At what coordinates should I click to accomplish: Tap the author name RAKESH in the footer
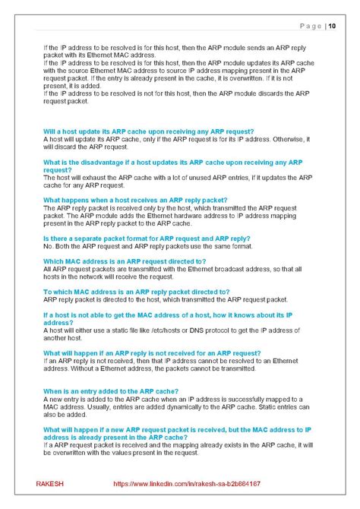pos(50,483)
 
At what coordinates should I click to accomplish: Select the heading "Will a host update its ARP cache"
pos(148,131)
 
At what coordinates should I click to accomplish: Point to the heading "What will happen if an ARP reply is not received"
pos(152,353)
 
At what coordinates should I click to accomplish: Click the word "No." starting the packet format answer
pos(49,246)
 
